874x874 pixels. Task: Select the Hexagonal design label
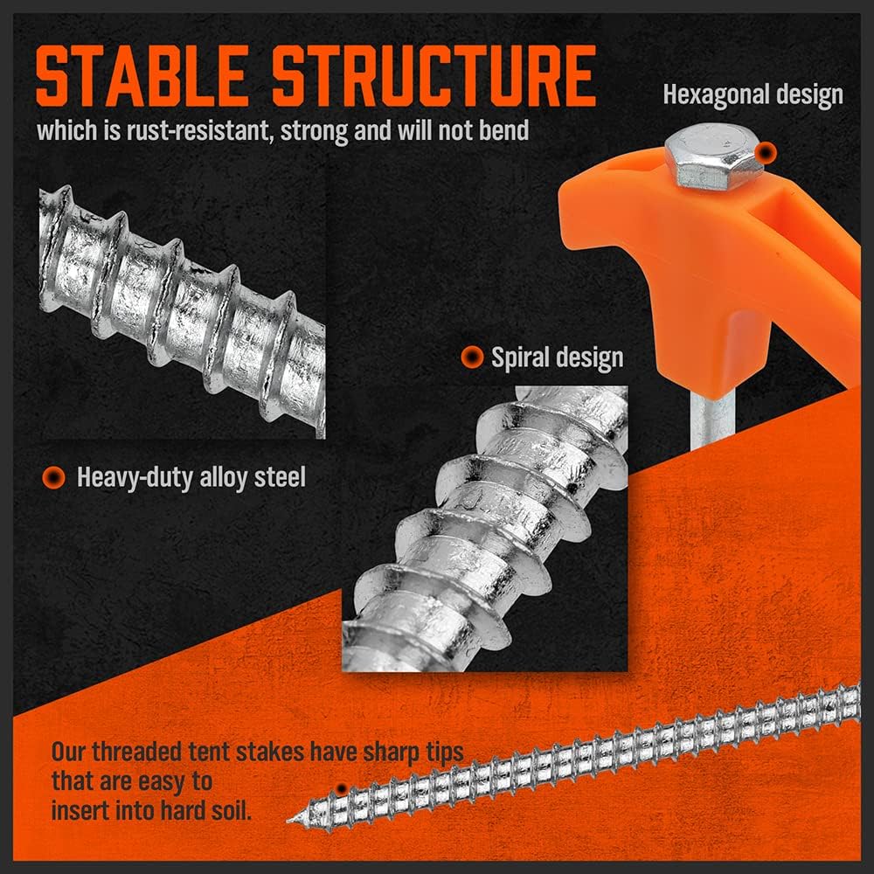753,94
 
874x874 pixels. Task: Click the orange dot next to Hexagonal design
766,154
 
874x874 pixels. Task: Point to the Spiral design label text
557,357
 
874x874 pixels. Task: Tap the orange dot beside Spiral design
472,357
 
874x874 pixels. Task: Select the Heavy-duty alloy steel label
191,477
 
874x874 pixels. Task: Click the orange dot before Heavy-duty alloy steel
54,477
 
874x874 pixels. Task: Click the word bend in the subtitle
506,131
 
